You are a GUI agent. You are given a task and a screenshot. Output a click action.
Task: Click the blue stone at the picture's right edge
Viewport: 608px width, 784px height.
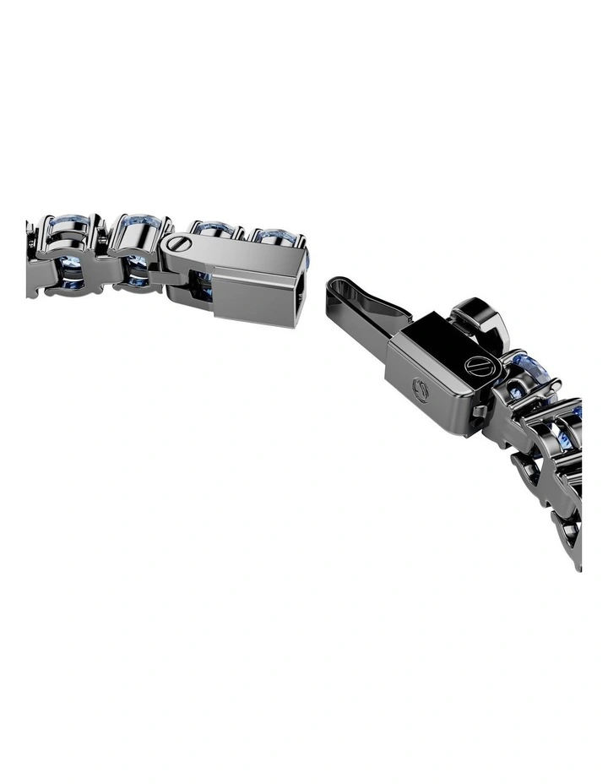[578, 414]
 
